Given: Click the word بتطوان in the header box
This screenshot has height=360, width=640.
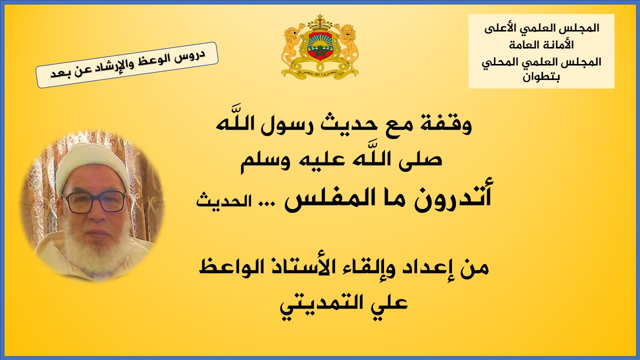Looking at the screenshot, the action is coord(541,77).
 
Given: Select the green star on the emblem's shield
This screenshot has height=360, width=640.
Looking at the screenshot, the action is coord(320,51).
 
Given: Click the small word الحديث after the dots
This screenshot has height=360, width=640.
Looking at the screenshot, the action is coord(223,201).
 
